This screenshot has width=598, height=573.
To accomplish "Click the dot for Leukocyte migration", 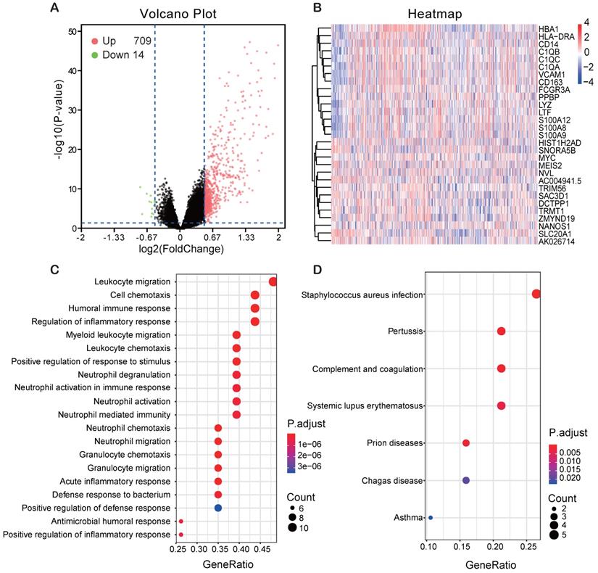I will coord(273,281).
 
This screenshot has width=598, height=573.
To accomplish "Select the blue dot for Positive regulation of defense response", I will coord(218,508).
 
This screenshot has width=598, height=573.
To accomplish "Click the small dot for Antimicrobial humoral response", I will coord(181,521).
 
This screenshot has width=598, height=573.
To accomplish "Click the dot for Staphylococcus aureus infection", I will coord(536,294).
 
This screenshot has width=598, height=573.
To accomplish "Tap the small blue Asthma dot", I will coord(431,518).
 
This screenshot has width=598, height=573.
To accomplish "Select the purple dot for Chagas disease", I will coord(466,480).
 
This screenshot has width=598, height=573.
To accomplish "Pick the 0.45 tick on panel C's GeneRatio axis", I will coord(254,550).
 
